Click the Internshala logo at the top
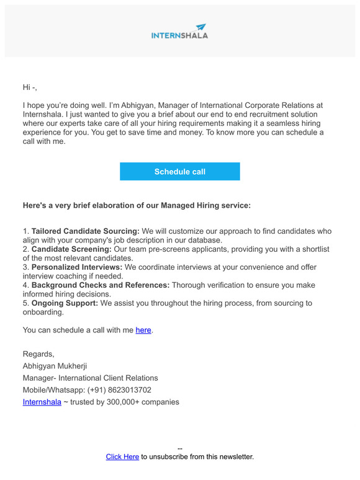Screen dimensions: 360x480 coord(179,32)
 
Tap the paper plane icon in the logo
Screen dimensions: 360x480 coord(200,27)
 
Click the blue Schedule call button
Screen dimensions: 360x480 coord(179,172)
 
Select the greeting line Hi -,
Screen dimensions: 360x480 coord(30,87)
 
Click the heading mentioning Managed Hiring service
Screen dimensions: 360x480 coord(137,205)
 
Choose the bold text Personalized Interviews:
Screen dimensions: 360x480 coord(77,267)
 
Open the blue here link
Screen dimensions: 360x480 coord(143,330)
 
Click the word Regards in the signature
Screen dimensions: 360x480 coord(38,354)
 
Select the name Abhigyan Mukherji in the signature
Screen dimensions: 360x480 coord(55,366)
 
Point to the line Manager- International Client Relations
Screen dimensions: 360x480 coord(90,378)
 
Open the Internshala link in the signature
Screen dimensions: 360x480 coord(42,402)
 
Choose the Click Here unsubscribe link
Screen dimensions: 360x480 coord(122,457)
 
